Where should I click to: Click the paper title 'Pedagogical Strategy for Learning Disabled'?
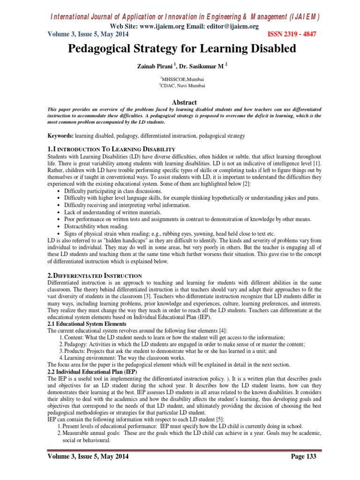tap(180, 48)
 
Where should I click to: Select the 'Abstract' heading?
tap(180, 102)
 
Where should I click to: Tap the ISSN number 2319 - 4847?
tap(290, 34)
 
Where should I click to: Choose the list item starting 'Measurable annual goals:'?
tap(187, 433)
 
